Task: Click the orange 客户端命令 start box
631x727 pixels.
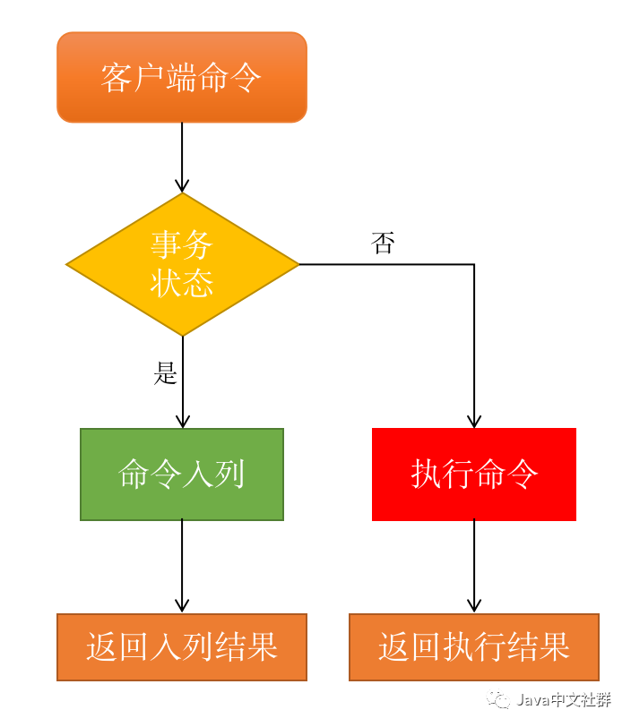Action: click(x=182, y=77)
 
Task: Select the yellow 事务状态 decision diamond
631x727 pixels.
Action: click(x=182, y=264)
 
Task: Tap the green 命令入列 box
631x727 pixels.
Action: click(x=182, y=474)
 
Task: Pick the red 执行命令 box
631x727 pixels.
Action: click(x=474, y=474)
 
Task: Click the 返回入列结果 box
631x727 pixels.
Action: click(x=182, y=646)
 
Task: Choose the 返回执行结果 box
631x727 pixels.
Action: click(x=474, y=646)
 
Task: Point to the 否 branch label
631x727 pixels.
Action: click(x=383, y=243)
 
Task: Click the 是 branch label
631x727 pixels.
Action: click(x=166, y=373)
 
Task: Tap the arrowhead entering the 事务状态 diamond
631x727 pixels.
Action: click(x=182, y=185)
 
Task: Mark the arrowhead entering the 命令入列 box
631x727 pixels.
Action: click(x=182, y=421)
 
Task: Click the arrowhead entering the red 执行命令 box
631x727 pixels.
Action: click(x=474, y=421)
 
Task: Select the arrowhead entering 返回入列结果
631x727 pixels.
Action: click(x=182, y=606)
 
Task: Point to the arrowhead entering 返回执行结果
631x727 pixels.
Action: click(x=474, y=606)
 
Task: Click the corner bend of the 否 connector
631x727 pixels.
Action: click(x=474, y=264)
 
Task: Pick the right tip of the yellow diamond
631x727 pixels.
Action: click(x=297, y=264)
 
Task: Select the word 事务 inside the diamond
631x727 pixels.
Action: click(x=182, y=244)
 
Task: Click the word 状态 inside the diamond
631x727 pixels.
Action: click(x=182, y=283)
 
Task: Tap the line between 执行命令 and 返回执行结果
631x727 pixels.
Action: click(x=474, y=560)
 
